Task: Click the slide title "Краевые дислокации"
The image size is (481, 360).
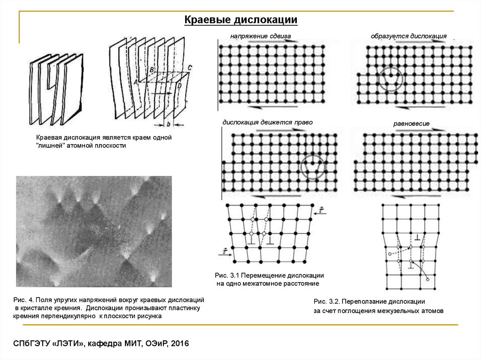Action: pos(240,20)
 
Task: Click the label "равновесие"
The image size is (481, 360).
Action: pos(411,123)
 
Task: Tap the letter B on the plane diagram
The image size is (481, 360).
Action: pos(151,69)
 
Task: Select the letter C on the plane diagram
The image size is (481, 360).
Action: pos(189,68)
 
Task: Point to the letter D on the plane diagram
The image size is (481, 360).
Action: pos(179,86)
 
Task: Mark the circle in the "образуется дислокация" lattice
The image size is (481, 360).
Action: pos(389,78)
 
